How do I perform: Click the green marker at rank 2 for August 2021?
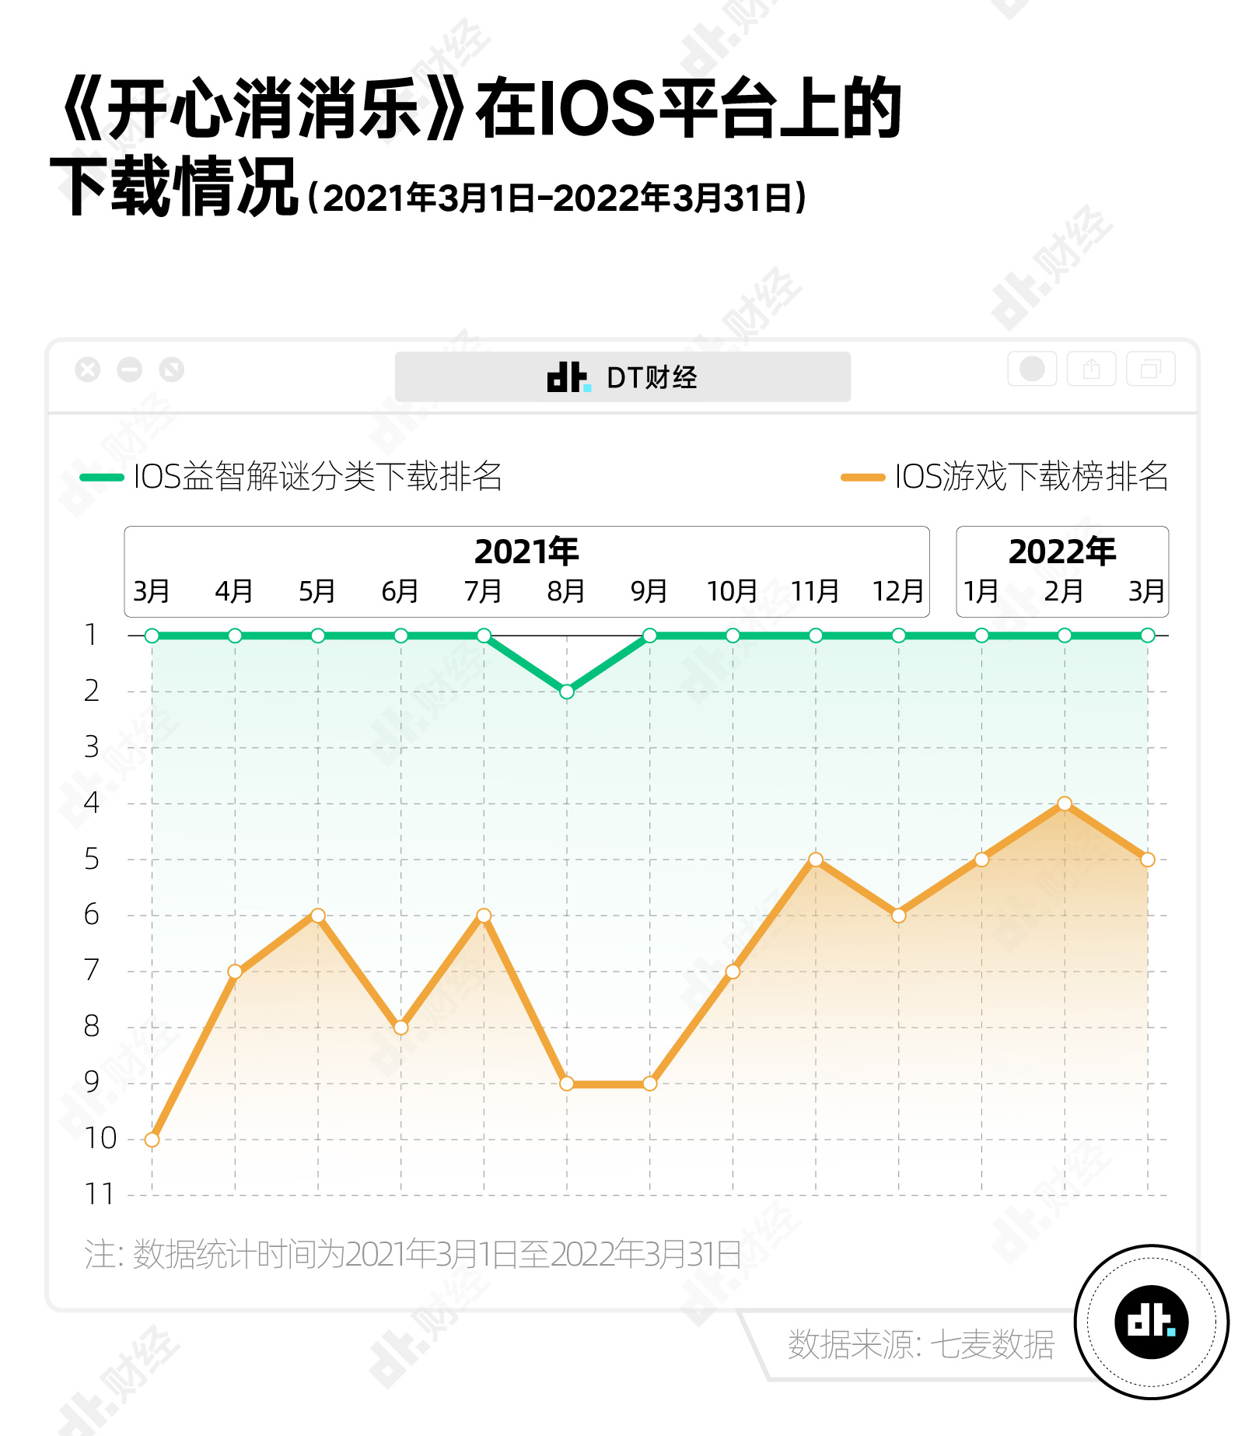coord(567,692)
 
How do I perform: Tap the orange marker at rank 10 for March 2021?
coord(152,1140)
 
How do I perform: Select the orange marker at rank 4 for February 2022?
coord(1065,804)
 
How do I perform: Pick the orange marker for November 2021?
coord(816,860)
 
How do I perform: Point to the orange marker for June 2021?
coord(400,1028)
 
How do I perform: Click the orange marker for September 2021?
coord(650,1084)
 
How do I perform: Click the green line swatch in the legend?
coord(102,478)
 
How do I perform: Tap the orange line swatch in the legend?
coord(862,478)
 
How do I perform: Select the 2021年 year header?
coord(526,552)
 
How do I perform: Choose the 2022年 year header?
coord(1061,552)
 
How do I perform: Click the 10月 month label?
coord(732,592)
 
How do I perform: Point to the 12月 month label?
coord(897,592)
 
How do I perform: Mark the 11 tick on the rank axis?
coord(99,1194)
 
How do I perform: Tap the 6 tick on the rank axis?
coord(92,915)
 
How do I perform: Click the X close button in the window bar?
coord(88,370)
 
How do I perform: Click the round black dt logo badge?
coord(1151,1322)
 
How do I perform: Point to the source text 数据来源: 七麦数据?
coord(921,1344)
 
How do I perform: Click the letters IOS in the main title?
coord(596,109)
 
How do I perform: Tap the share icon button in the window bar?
coord(1091,369)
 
